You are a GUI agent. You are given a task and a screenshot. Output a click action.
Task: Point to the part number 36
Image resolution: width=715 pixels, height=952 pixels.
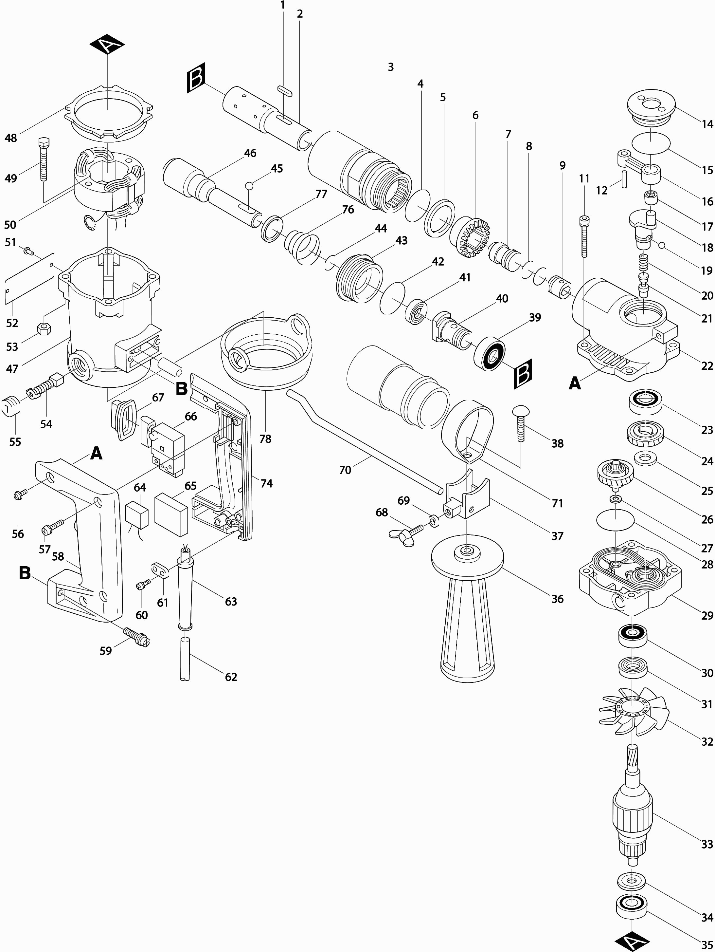557,599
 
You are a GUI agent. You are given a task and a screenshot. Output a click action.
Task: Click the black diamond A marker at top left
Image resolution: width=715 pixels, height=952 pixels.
107,47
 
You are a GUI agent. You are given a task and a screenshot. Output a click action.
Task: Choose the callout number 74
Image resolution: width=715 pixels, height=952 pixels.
267,484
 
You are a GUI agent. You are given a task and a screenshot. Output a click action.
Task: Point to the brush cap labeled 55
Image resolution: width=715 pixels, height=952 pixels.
11,407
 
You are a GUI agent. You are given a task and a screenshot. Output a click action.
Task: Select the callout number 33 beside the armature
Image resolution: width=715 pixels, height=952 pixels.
707,844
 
